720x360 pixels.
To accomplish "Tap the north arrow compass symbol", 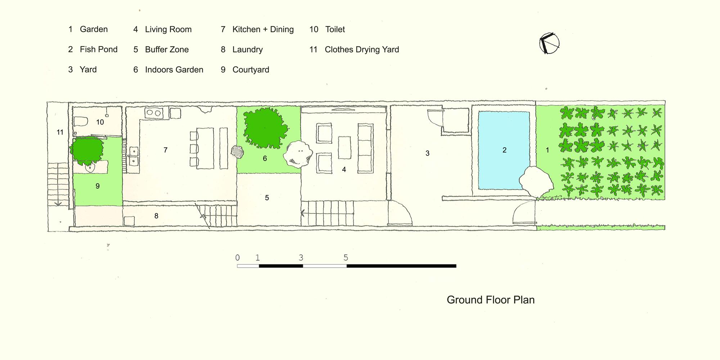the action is (x=549, y=44).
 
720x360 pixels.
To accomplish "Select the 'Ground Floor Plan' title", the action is (x=491, y=300).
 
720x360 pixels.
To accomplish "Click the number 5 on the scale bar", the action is (x=346, y=258).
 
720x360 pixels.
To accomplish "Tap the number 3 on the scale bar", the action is (x=301, y=258).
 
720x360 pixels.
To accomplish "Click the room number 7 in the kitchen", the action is (x=166, y=150).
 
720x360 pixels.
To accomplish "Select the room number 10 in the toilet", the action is (x=100, y=122).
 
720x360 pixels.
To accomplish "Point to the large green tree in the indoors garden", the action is (x=265, y=127).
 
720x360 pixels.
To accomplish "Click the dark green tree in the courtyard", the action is (x=87, y=149).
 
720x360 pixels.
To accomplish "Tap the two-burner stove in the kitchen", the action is (x=154, y=113).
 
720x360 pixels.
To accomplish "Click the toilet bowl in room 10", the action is (x=80, y=122).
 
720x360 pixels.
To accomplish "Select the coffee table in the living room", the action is (x=345, y=148).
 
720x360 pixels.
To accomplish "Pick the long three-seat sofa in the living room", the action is (x=365, y=148).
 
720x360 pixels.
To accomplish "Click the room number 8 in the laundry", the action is (x=156, y=216).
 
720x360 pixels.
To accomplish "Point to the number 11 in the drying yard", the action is (x=60, y=132).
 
